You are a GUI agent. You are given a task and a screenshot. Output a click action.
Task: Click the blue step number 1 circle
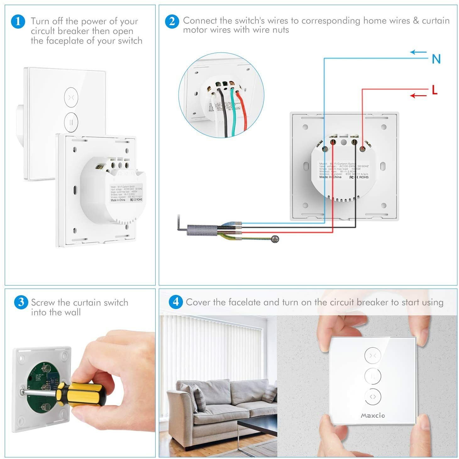tap(18, 21)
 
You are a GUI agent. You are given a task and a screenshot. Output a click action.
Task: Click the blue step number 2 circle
tap(172, 21)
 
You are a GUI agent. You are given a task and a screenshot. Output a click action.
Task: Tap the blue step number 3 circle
tap(21, 302)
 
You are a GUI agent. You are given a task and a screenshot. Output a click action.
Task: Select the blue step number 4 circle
tap(175, 302)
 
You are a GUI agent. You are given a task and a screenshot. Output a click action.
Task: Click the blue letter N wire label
tap(436, 59)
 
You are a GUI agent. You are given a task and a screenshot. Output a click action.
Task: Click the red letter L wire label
tap(434, 90)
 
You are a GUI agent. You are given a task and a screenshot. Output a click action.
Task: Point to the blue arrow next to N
tap(418, 52)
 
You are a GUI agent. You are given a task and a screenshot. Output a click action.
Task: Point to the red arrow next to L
tap(418, 96)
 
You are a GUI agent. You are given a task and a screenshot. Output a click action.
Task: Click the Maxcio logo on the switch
tap(373, 415)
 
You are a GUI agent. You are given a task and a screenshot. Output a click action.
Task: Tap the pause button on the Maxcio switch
tap(373, 376)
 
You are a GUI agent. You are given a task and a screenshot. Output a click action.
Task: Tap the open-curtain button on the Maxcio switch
tap(373, 397)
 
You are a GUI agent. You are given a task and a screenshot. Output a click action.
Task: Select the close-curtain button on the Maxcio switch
tap(373, 356)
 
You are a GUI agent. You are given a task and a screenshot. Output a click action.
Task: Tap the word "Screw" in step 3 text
tap(43, 302)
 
